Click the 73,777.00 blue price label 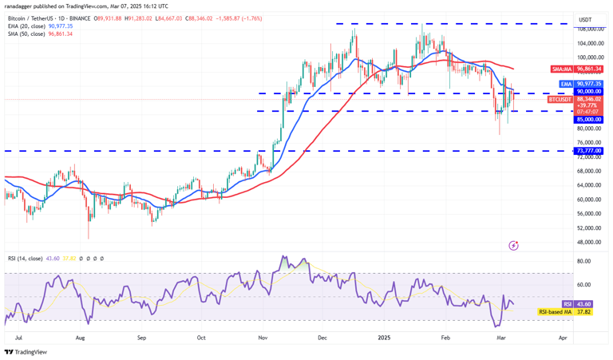tap(589, 150)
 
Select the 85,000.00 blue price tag tap(589, 120)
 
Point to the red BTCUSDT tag tap(560, 100)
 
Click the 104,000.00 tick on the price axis tap(588, 43)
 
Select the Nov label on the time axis tap(263, 338)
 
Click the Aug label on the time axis tap(80, 338)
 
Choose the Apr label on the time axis tap(563, 338)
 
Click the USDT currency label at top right tap(585, 20)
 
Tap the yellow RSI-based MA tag tap(555, 312)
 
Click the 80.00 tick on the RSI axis tap(584, 261)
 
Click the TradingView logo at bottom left tap(26, 352)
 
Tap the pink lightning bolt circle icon tap(514, 245)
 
